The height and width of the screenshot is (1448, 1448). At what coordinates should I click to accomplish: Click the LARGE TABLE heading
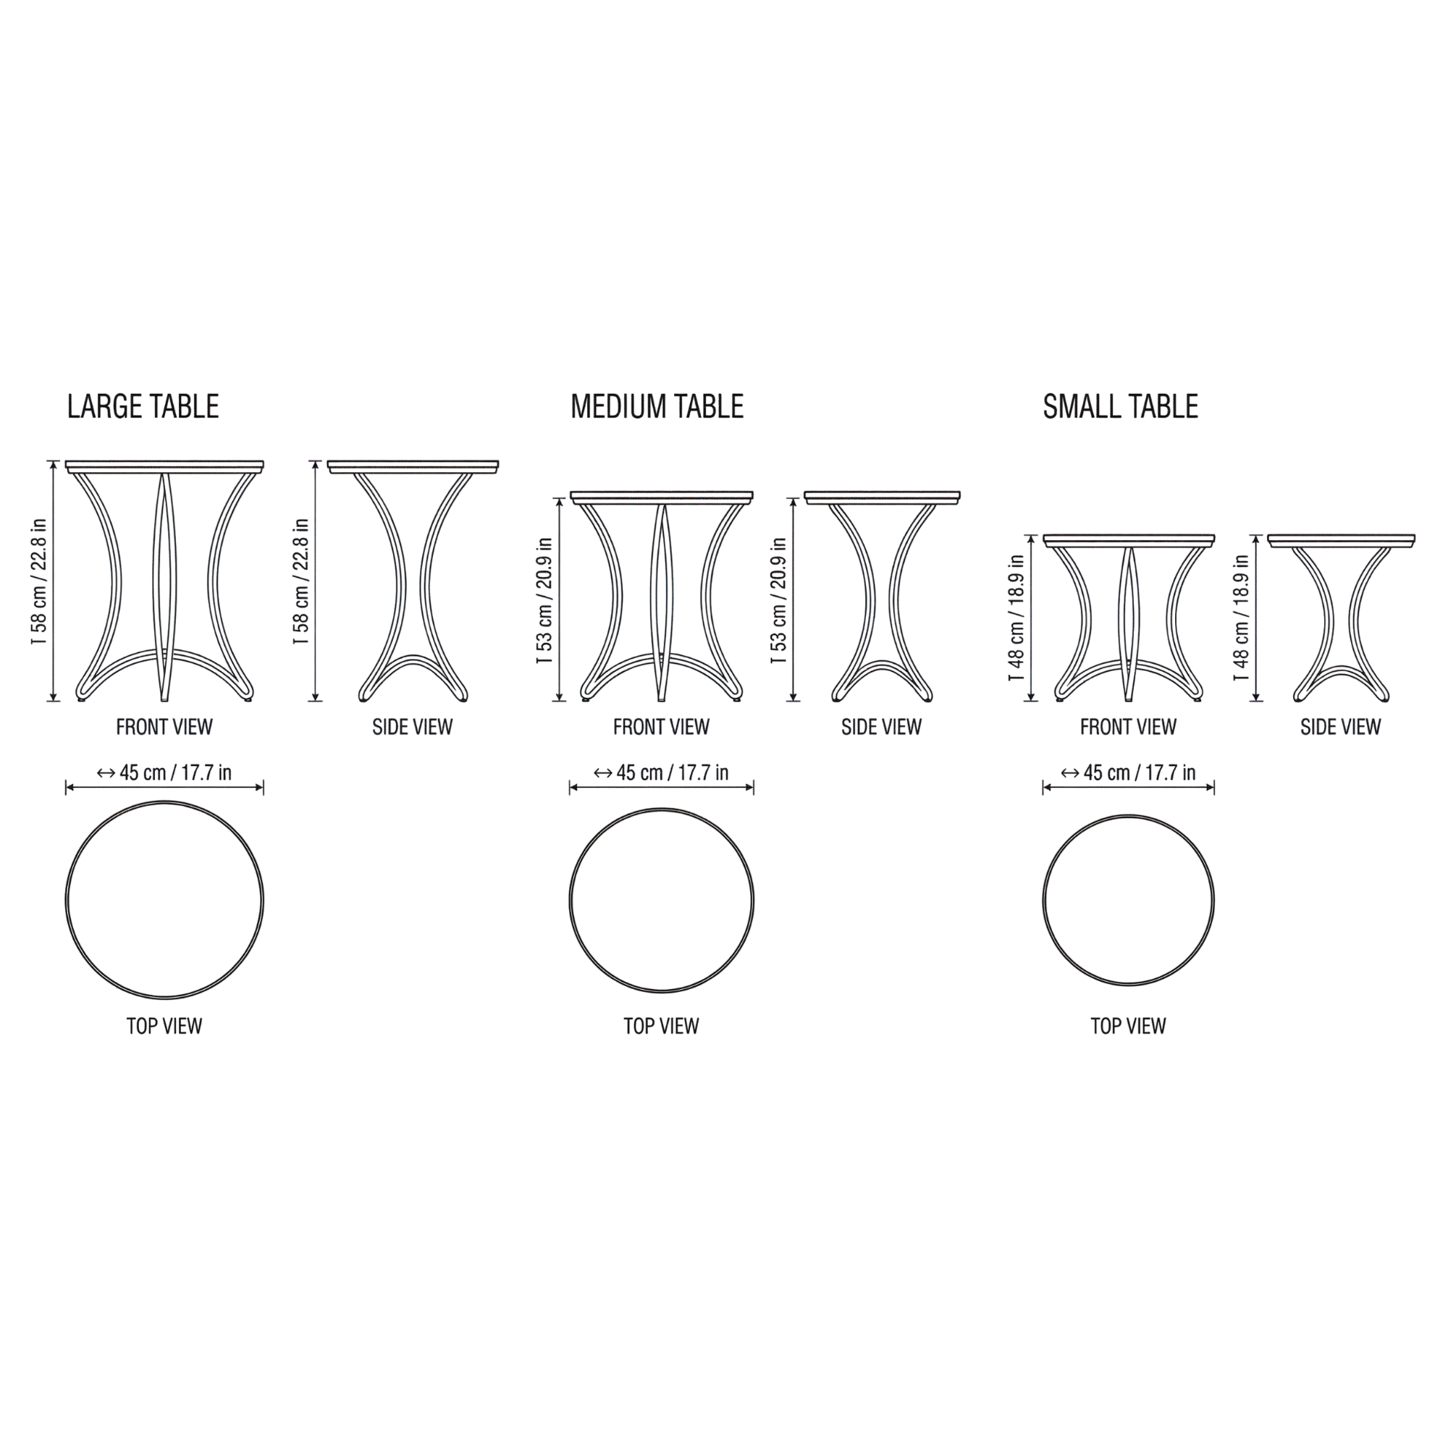pyautogui.click(x=143, y=406)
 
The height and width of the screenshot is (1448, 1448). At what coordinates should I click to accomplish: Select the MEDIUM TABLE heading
pyautogui.click(x=657, y=406)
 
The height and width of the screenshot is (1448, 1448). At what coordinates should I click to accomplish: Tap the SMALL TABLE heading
pyautogui.click(x=1121, y=406)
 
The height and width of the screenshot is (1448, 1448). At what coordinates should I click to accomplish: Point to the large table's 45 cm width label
pyautogui.click(x=164, y=773)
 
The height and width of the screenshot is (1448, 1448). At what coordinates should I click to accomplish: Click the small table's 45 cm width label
pyautogui.click(x=1128, y=773)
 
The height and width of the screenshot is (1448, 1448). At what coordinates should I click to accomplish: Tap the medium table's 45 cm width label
pyautogui.click(x=661, y=773)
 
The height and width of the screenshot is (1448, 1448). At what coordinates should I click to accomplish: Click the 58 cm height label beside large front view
pyautogui.click(x=39, y=581)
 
